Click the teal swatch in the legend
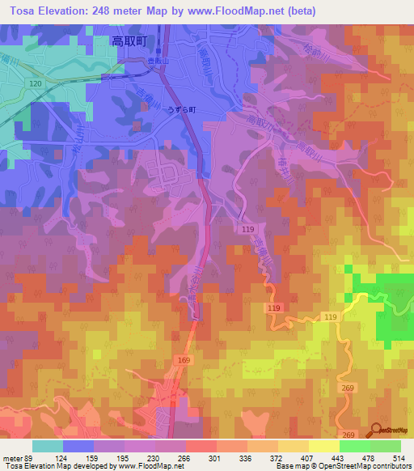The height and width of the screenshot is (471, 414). pyautogui.click(x=48, y=446)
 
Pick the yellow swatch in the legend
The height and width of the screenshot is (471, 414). pyautogui.click(x=324, y=446)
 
